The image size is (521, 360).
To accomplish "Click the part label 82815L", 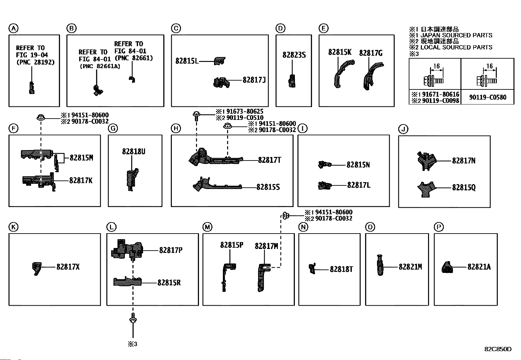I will (x=187, y=61).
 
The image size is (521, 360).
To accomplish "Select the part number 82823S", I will (x=294, y=55).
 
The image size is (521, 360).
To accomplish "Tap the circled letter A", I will (x=13, y=29).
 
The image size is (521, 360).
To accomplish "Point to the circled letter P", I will (x=438, y=227).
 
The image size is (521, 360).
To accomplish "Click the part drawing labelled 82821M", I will (x=380, y=265).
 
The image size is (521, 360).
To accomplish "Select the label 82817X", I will (x=68, y=267).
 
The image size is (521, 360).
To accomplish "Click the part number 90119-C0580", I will (x=487, y=97).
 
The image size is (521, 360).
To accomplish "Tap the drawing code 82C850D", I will (x=498, y=349).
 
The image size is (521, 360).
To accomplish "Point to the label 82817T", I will (x=270, y=160).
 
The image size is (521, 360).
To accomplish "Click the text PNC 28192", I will (x=35, y=62).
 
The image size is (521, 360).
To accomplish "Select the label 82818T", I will (x=341, y=269).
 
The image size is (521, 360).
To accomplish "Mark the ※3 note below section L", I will (x=132, y=344).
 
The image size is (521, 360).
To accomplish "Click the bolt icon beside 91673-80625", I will (x=196, y=115).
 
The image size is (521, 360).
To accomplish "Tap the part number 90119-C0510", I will (x=242, y=118).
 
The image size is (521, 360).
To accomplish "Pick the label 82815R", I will (x=169, y=283).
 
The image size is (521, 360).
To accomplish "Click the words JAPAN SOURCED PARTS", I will (x=456, y=35).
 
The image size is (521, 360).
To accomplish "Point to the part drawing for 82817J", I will (x=221, y=83).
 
